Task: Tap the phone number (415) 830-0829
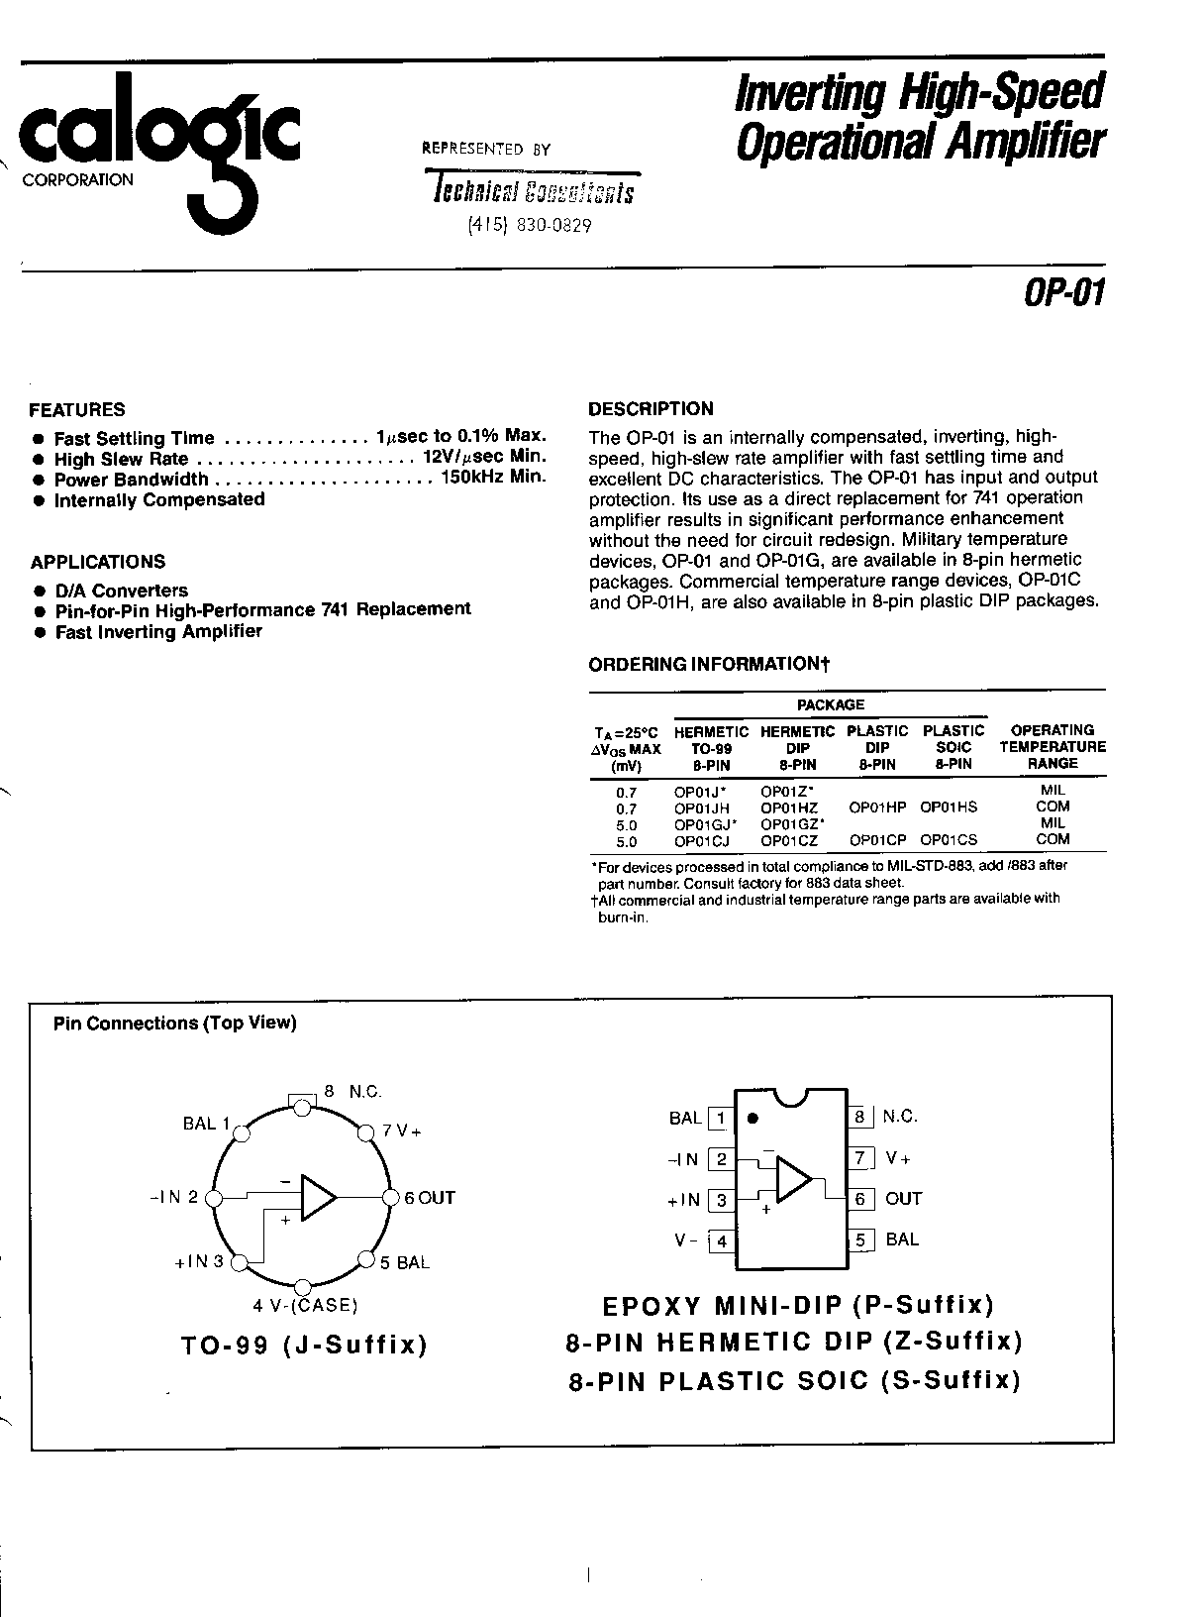529,226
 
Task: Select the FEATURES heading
77,409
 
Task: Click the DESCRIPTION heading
651,408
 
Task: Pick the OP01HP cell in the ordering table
877,808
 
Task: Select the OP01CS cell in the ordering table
949,839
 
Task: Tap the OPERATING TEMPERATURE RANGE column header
1052,747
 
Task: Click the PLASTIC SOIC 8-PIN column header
953,747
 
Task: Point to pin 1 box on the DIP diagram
721,1119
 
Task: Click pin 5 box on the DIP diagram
859,1240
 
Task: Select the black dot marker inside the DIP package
752,1118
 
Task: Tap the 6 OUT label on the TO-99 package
429,1198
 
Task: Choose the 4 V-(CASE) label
305,1305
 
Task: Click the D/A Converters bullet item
121,591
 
